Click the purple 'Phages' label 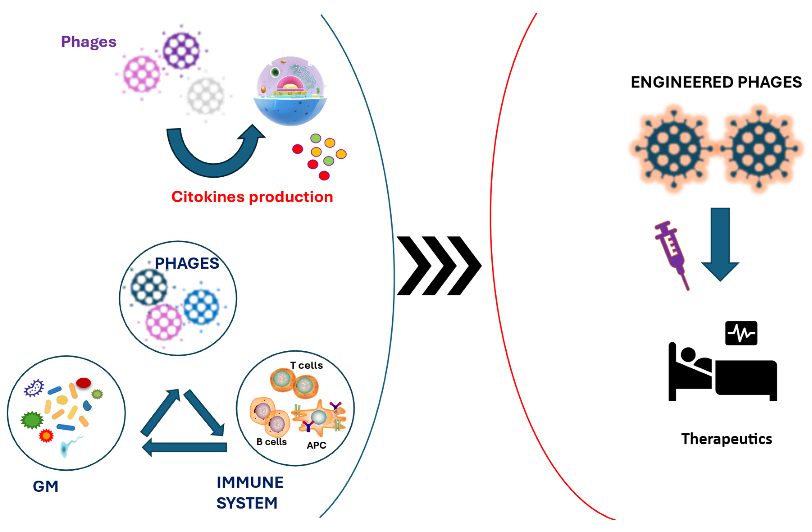tap(88, 42)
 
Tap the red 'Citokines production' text tap(252, 197)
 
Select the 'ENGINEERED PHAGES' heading tap(716, 82)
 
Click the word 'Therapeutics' tap(726, 439)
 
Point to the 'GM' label tap(45, 486)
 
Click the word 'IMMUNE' tap(250, 482)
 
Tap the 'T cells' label tap(306, 365)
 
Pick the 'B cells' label tap(271, 442)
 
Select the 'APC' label tap(316, 445)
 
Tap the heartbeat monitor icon tap(741, 333)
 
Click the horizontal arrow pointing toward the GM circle tap(186, 447)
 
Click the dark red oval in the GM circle tap(83, 383)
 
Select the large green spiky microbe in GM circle tap(32, 420)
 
